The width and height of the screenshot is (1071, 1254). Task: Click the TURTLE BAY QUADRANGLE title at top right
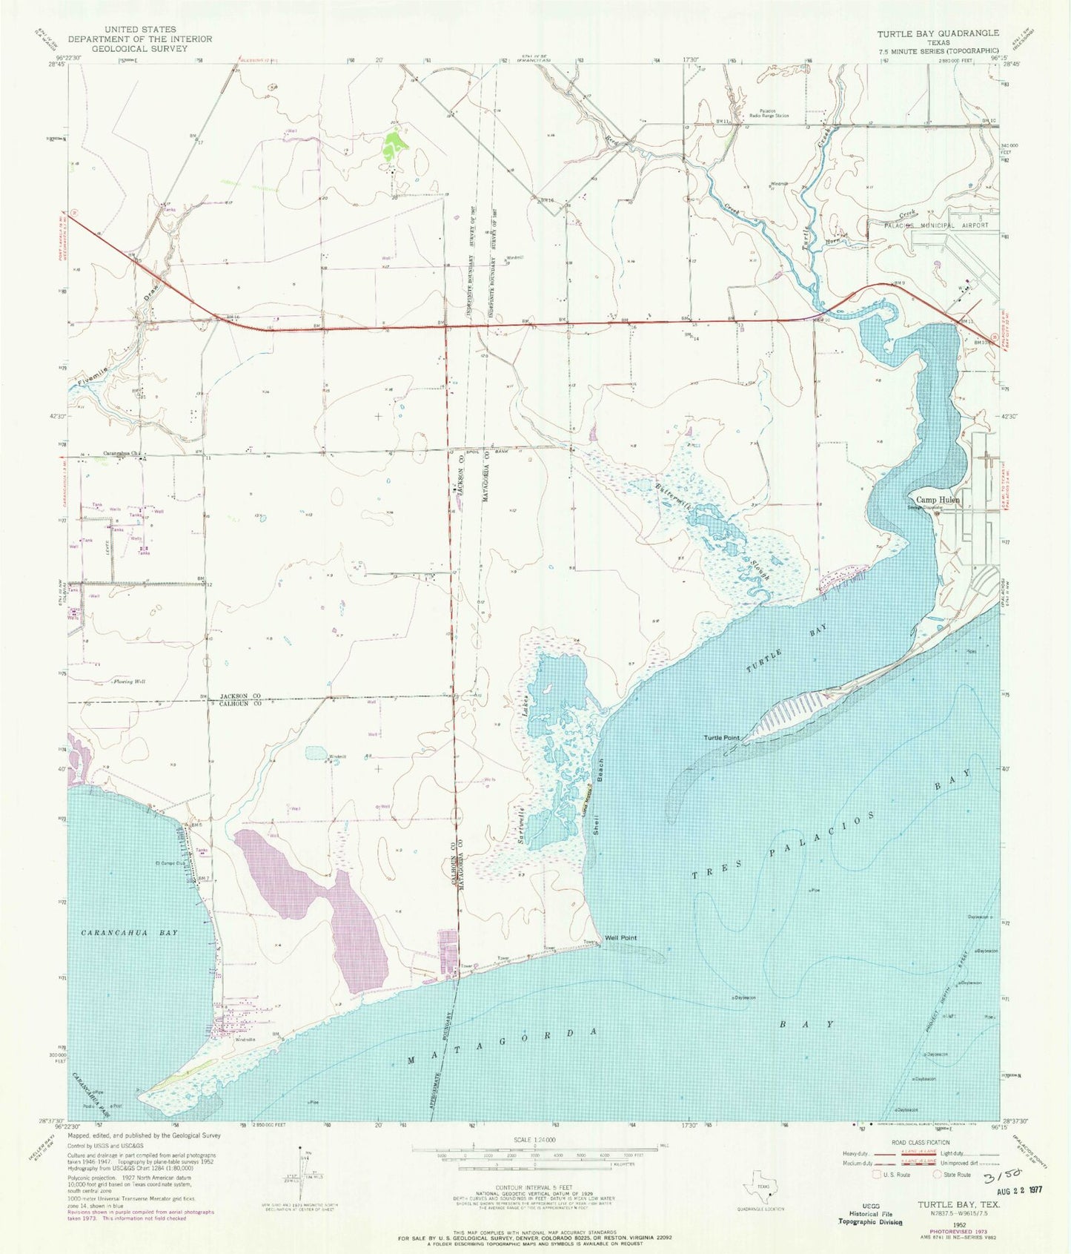pos(938,33)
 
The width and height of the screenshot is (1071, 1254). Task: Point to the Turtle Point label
pos(721,738)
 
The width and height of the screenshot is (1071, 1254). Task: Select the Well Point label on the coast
pos(620,937)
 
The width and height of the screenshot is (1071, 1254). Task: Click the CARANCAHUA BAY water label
pos(129,932)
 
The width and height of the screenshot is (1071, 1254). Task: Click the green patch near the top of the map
pos(395,140)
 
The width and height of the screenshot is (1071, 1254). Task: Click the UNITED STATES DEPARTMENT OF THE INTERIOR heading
pos(139,39)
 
